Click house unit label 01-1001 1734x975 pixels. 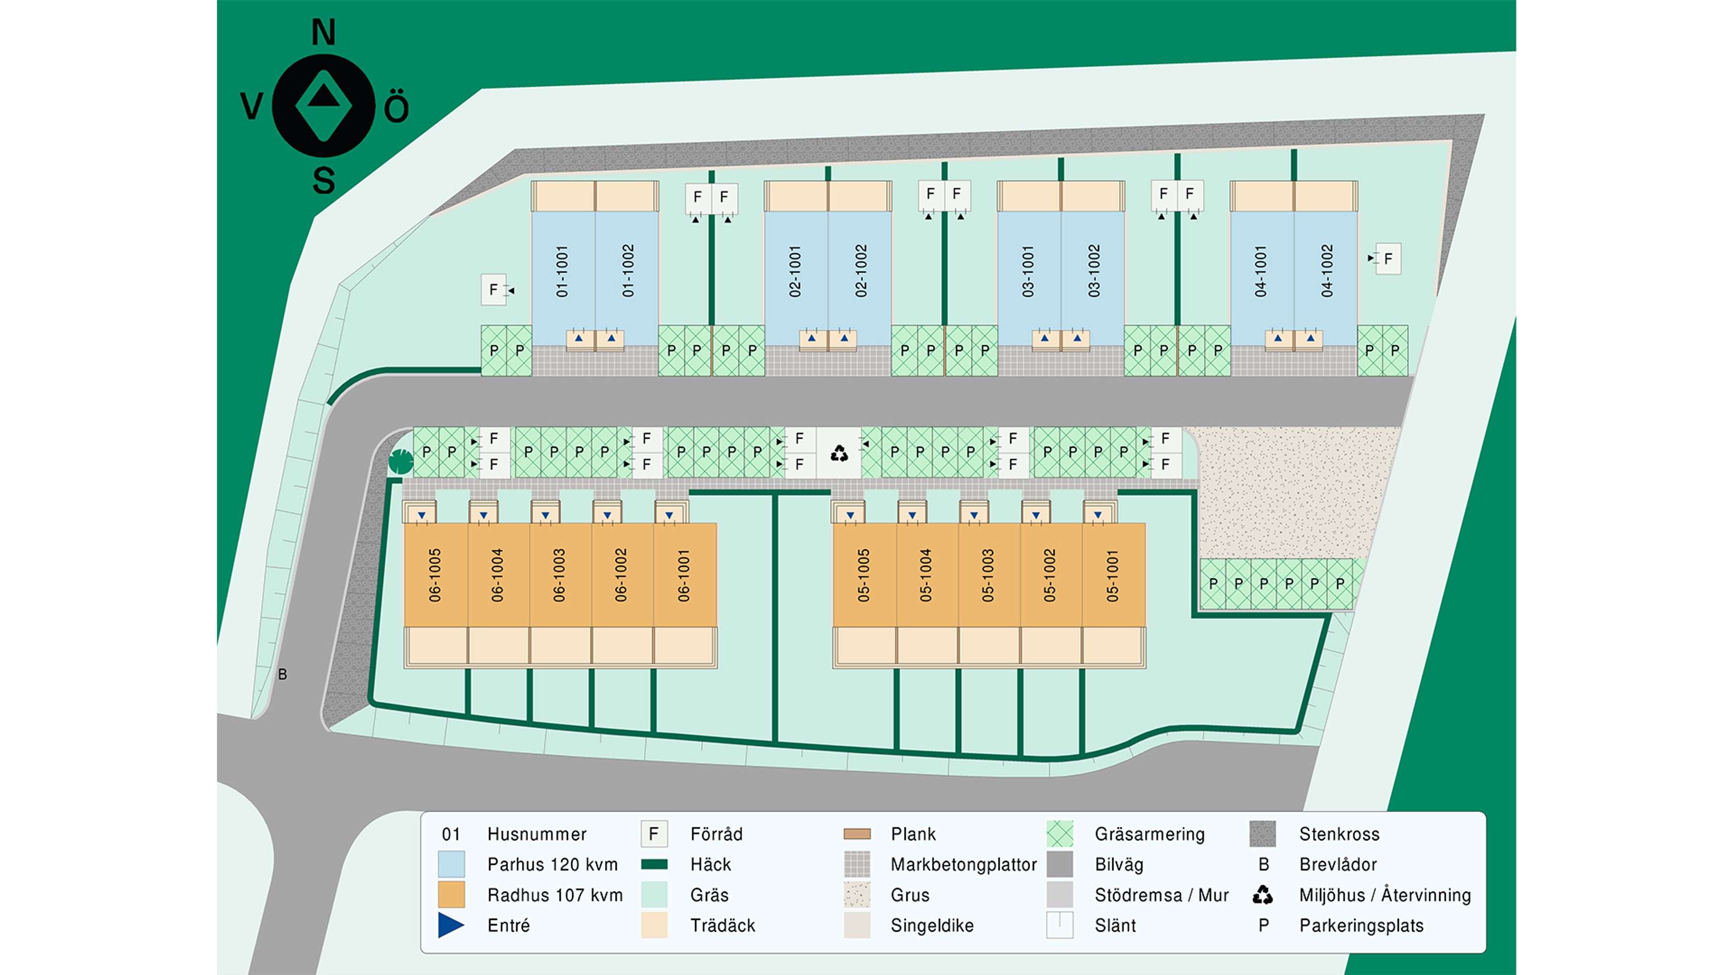coord(562,271)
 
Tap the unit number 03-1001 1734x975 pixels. coord(1028,271)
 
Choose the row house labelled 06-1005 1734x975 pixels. coord(435,576)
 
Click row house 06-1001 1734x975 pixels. coord(685,576)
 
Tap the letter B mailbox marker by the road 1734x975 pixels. coord(283,674)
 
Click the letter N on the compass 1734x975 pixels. coord(324,32)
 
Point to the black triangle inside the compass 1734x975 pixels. coord(324,96)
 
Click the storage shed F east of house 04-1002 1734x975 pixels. coord(1388,258)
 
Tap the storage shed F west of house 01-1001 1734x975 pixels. coord(494,290)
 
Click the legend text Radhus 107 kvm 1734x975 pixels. coord(555,895)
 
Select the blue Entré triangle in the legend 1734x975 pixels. coord(450,925)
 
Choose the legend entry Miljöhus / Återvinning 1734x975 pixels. coord(1384,895)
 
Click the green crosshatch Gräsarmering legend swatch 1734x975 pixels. coord(1060,834)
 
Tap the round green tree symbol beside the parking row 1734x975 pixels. coord(401,462)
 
